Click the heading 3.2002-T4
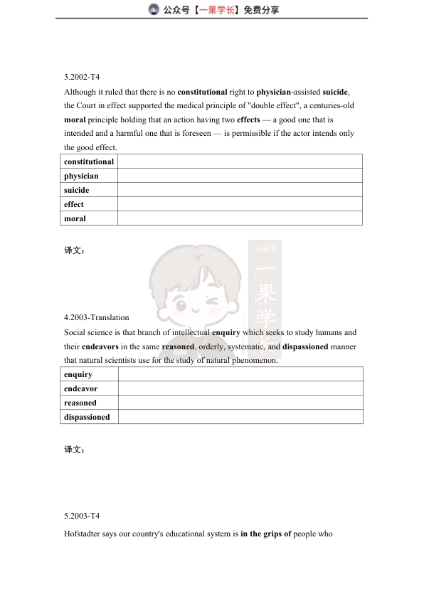83,78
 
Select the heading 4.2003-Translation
97,317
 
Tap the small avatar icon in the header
153,9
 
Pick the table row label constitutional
89,161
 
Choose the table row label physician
81,176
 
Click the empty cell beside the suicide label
240,190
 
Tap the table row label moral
75,218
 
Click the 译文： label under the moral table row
74,250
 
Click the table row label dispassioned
87,417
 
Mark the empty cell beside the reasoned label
240,403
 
